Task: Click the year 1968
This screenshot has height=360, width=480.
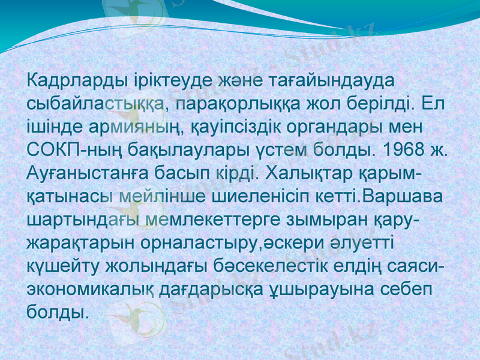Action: click(x=406, y=150)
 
